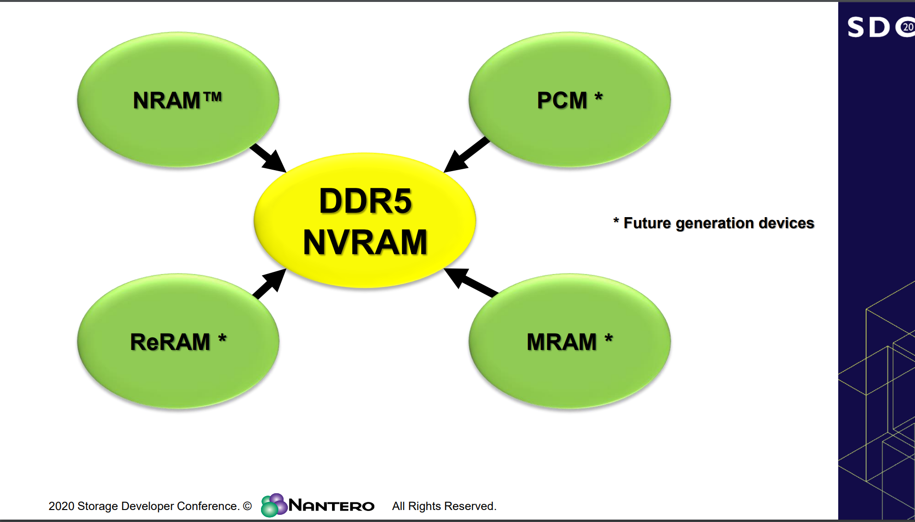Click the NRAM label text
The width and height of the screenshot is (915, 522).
(166, 101)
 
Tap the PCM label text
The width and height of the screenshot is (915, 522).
(562, 101)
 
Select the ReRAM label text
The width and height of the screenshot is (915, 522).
(170, 342)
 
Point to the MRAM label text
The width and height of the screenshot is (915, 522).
(561, 342)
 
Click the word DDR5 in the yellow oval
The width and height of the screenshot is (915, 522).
(365, 201)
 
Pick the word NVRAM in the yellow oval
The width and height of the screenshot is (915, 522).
(365, 242)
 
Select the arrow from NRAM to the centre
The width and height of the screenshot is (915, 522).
(268, 158)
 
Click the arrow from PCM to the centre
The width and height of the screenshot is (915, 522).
(466, 155)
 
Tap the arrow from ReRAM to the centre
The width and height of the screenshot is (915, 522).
(269, 283)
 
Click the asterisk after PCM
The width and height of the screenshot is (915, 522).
(598, 97)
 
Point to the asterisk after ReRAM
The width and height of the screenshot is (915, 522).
(222, 339)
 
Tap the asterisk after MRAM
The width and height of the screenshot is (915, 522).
(608, 339)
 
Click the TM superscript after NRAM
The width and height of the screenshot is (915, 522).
(213, 97)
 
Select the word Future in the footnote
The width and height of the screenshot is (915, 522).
(647, 223)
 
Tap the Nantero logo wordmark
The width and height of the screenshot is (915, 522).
(332, 506)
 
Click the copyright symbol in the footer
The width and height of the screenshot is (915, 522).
(247, 506)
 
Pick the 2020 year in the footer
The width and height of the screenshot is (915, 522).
(61, 506)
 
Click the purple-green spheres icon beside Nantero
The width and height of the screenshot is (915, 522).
(273, 505)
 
